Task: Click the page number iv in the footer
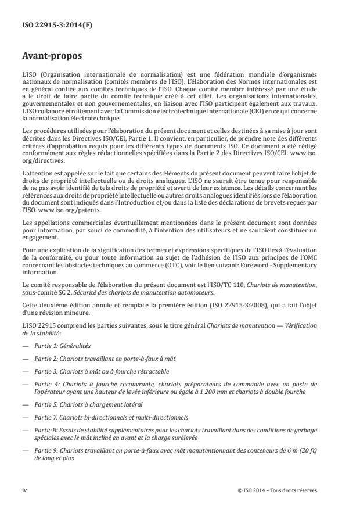point(24,490)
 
